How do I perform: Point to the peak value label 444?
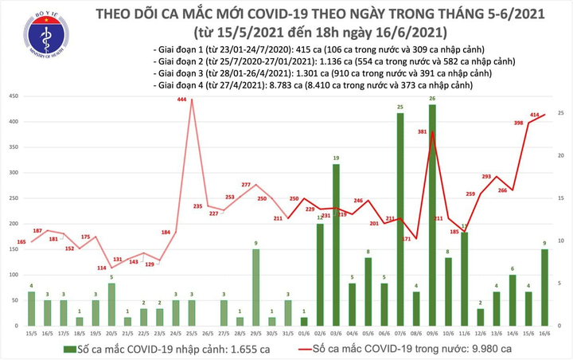click(x=181, y=100)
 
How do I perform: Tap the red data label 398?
click(x=519, y=123)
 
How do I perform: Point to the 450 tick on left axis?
click(x=14, y=96)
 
